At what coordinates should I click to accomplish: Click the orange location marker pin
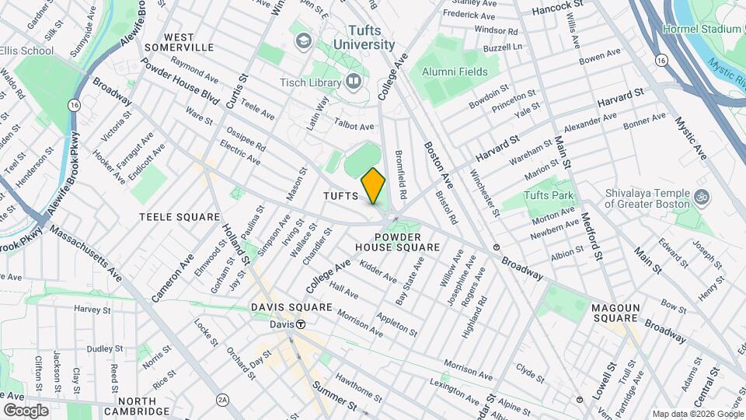373,186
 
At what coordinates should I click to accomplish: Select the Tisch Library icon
354,81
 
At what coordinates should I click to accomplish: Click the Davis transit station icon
300,324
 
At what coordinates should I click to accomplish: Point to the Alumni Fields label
455,72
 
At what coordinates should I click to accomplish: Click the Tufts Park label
548,195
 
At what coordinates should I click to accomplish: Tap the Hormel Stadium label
703,29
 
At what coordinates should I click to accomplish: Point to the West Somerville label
189,42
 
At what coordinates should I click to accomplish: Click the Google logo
26,410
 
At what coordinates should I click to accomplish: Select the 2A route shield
223,399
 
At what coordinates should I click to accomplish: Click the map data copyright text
697,414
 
